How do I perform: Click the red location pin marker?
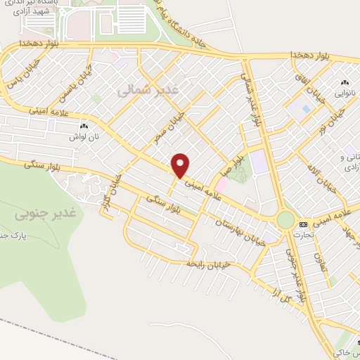click(x=181, y=165)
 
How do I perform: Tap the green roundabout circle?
click(x=285, y=220)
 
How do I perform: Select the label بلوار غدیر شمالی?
click(x=254, y=102)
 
